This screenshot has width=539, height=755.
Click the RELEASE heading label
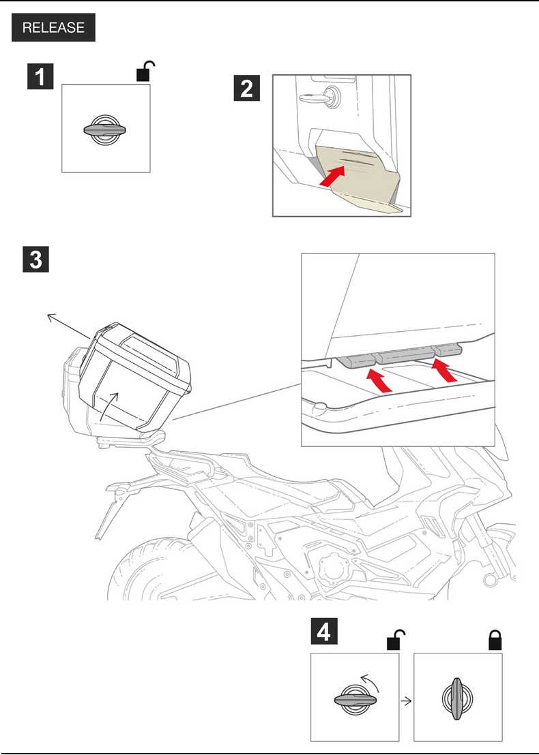[53, 28]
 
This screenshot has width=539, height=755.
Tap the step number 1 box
[41, 76]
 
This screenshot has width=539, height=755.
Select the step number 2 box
[247, 88]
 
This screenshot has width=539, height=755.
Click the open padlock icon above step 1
[145, 71]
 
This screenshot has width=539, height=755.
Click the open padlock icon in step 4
[395, 640]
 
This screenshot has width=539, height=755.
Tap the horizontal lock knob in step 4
[355, 700]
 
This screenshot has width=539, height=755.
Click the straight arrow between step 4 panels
[407, 700]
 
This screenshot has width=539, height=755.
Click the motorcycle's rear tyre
[150, 572]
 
